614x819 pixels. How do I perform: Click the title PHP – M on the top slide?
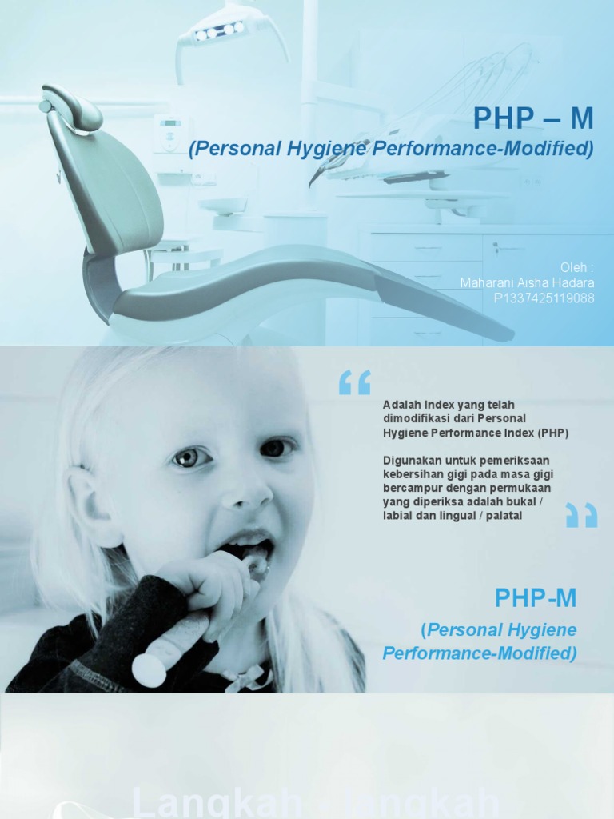click(533, 118)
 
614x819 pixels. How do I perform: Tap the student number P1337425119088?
click(544, 298)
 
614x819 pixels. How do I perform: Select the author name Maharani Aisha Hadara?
click(528, 282)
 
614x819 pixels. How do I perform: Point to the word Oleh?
click(578, 267)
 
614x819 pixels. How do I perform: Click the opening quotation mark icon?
click(354, 383)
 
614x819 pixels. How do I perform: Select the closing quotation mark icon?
click(581, 515)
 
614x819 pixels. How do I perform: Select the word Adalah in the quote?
click(401, 404)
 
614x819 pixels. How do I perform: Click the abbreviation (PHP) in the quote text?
click(553, 433)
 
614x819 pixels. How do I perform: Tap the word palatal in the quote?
click(503, 516)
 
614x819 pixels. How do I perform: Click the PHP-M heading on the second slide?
click(535, 597)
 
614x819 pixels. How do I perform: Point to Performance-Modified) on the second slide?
click(480, 653)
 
